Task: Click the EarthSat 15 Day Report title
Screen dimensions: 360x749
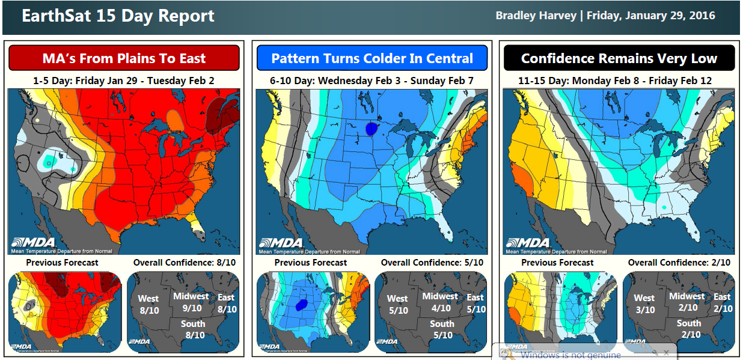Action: (x=118, y=16)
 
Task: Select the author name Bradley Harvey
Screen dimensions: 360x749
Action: (x=536, y=16)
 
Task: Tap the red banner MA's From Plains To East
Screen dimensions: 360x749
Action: (x=124, y=58)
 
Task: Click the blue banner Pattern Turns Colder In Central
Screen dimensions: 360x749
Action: (x=372, y=58)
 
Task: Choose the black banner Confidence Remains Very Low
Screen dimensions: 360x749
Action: (x=619, y=58)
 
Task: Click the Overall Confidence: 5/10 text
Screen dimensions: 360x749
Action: (x=432, y=263)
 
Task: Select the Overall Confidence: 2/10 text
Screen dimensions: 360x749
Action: (x=679, y=263)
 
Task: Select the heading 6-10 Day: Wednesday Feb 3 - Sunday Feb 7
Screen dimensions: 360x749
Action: (x=371, y=80)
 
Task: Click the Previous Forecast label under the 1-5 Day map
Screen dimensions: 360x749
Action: (x=63, y=263)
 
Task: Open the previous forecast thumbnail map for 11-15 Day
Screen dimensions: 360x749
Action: (x=560, y=312)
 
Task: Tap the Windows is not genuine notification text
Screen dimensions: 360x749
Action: (x=570, y=355)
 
